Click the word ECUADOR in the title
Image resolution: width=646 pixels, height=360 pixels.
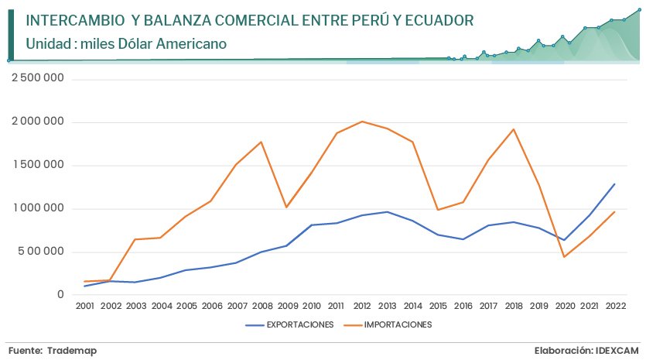434,19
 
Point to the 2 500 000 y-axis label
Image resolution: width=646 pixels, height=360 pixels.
37,78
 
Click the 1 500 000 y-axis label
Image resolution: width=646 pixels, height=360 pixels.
37,165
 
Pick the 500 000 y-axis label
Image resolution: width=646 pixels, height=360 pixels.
43,252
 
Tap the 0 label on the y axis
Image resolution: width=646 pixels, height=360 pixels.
60,295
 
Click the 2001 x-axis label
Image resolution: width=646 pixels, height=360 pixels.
85,307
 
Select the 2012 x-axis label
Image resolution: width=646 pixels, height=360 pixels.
362,307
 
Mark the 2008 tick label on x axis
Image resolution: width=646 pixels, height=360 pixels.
261,307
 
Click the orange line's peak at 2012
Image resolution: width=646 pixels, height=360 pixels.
362,122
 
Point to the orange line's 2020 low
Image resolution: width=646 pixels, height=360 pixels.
564,257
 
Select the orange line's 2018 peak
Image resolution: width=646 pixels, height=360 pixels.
514,129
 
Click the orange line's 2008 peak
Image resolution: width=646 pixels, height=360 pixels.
261,142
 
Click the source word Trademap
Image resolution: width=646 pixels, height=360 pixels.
71,351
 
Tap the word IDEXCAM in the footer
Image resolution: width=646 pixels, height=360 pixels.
617,351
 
